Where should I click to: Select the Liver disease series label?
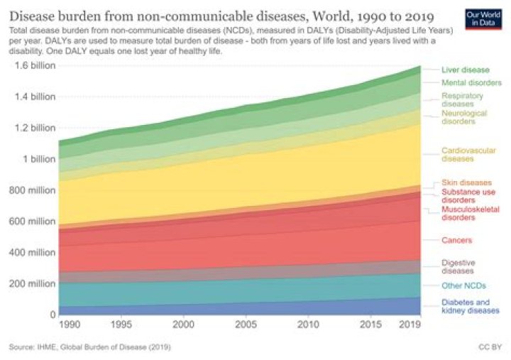[x=465, y=70]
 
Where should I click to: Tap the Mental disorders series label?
[x=471, y=83]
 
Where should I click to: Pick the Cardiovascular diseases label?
[x=468, y=155]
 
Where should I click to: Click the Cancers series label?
[x=456, y=241]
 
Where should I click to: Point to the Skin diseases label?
[x=466, y=182]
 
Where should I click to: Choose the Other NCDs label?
[x=464, y=286]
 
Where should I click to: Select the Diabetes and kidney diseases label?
[x=470, y=306]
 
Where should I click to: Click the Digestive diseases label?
[x=458, y=266]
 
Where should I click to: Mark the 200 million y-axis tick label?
[x=32, y=284]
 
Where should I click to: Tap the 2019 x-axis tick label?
[x=409, y=324]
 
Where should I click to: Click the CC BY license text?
[x=490, y=347]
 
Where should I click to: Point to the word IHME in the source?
[x=50, y=347]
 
